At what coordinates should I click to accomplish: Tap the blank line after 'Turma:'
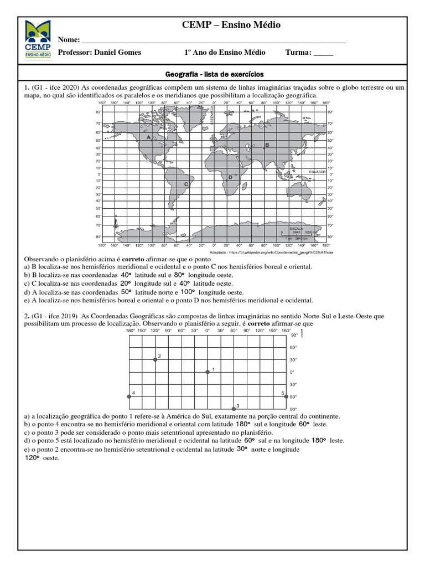pyautogui.click(x=323, y=53)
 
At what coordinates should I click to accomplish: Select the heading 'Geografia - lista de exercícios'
pyautogui.click(x=215, y=74)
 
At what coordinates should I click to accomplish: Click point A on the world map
pyautogui.click(x=148, y=136)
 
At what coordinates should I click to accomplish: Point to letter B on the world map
pyautogui.click(x=267, y=145)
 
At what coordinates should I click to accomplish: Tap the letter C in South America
pyautogui.click(x=186, y=184)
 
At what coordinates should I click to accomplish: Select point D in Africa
pyautogui.click(x=230, y=177)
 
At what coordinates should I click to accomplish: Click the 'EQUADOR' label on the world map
pyautogui.click(x=318, y=172)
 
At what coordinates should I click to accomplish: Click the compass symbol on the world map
pyautogui.click(x=115, y=223)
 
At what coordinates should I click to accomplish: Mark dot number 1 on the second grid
pyautogui.click(x=207, y=372)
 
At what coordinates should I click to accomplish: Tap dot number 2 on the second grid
pyautogui.click(x=156, y=359)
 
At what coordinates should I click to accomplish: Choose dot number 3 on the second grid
pyautogui.click(x=233, y=409)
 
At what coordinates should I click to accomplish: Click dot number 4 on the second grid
pyautogui.click(x=129, y=396)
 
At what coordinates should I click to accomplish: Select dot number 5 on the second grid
pyautogui.click(x=286, y=396)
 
